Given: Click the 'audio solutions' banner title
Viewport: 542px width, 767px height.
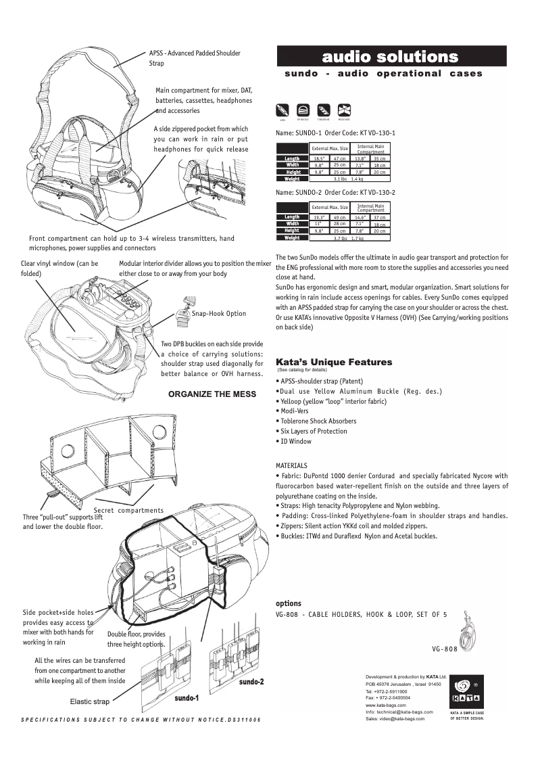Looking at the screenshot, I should [390, 56].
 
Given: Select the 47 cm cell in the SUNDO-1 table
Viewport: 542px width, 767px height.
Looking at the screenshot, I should [339, 158].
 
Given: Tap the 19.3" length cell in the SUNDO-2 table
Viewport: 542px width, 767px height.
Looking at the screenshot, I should [320, 217].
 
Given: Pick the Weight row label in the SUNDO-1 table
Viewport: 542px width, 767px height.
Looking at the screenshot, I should [292, 179].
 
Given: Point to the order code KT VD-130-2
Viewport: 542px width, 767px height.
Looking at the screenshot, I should [370, 193].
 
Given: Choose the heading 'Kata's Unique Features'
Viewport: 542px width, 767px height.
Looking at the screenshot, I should [334, 362].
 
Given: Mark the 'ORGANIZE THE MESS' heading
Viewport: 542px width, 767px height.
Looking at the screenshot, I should [210, 392].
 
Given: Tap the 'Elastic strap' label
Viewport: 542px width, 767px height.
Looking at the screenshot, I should [90, 701].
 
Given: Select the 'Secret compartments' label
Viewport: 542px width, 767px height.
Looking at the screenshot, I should [128, 510].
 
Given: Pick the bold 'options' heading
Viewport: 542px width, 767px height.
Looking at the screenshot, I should [289, 603].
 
